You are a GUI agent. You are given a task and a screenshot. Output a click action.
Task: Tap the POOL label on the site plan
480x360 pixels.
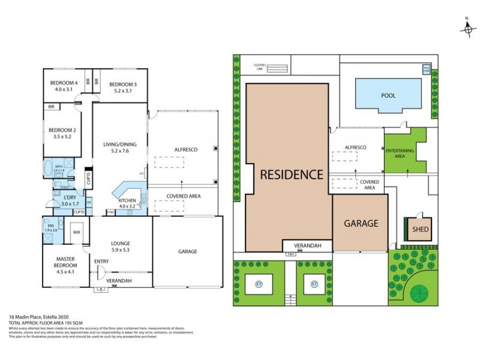tap(389, 95)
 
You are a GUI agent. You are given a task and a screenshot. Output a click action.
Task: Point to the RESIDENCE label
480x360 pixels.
tap(291, 175)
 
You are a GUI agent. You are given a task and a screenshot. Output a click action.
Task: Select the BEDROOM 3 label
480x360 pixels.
tap(123, 84)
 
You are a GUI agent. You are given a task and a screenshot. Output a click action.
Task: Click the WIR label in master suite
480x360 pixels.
tap(76, 230)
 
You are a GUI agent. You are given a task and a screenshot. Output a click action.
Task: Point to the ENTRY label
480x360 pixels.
tap(101, 261)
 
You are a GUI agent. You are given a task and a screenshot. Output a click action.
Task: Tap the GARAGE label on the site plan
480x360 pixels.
tap(361, 223)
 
